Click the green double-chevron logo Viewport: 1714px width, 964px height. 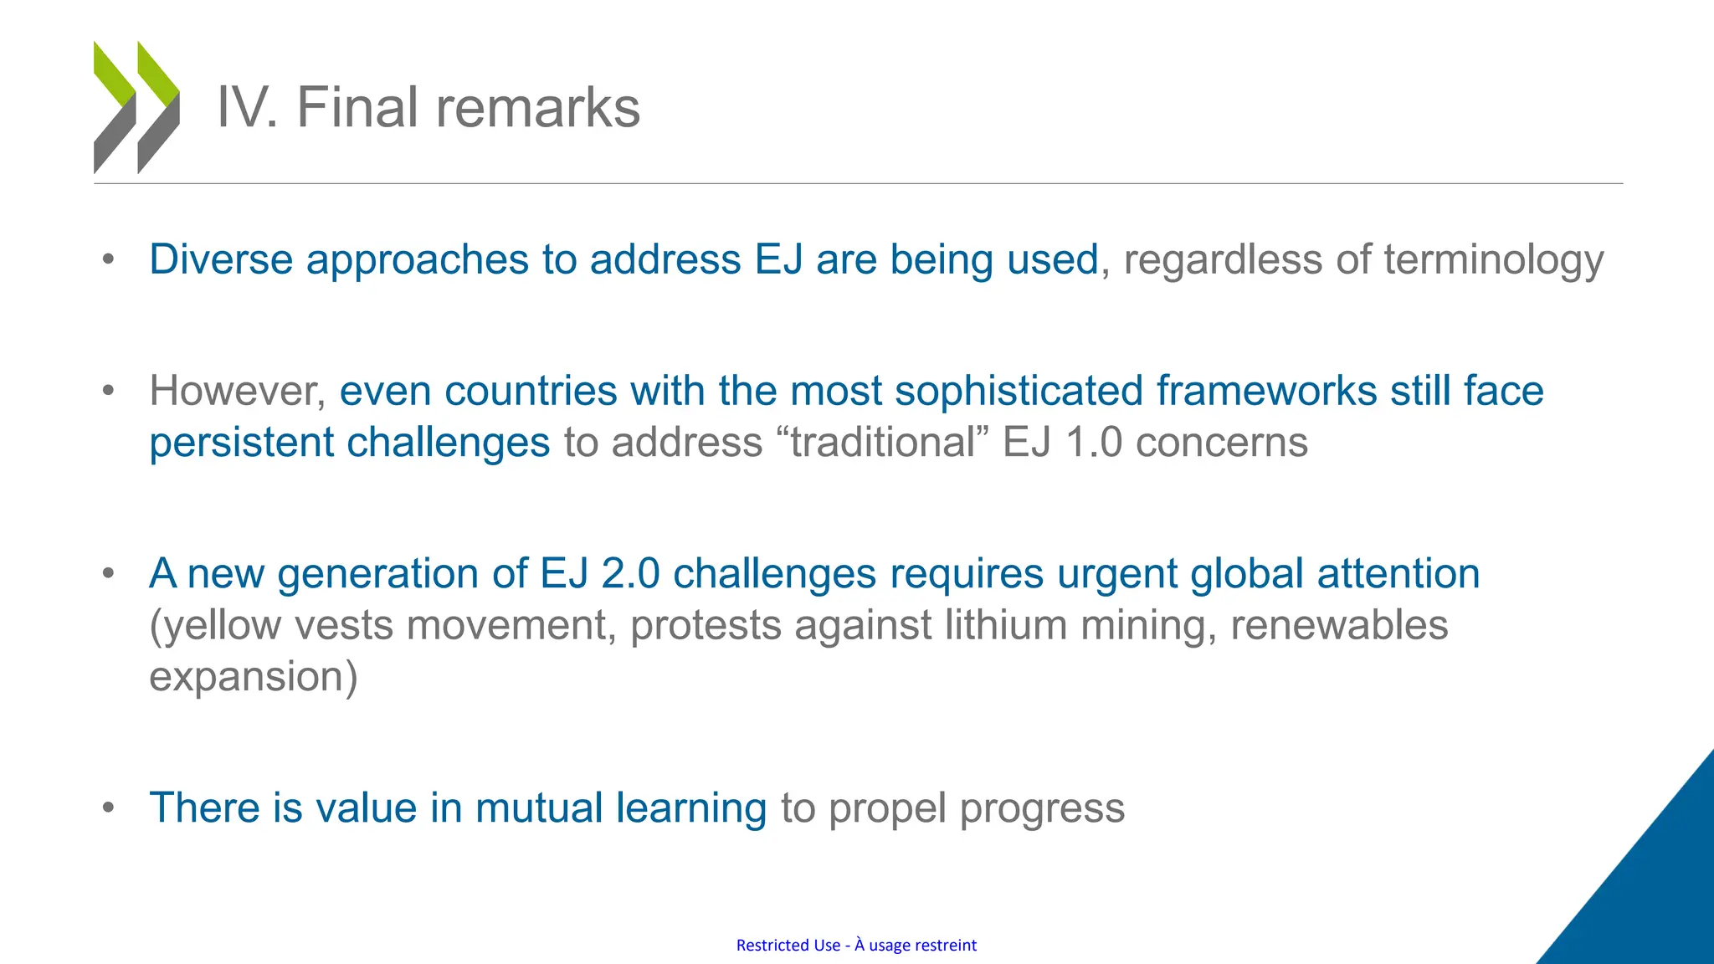tap(136, 107)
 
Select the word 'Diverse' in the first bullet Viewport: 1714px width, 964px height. tap(221, 259)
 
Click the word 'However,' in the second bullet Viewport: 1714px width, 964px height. tap(238, 392)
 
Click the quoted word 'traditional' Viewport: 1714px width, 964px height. tap(883, 443)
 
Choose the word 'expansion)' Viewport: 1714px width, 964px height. tap(253, 678)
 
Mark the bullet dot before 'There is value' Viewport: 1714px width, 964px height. tap(108, 808)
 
